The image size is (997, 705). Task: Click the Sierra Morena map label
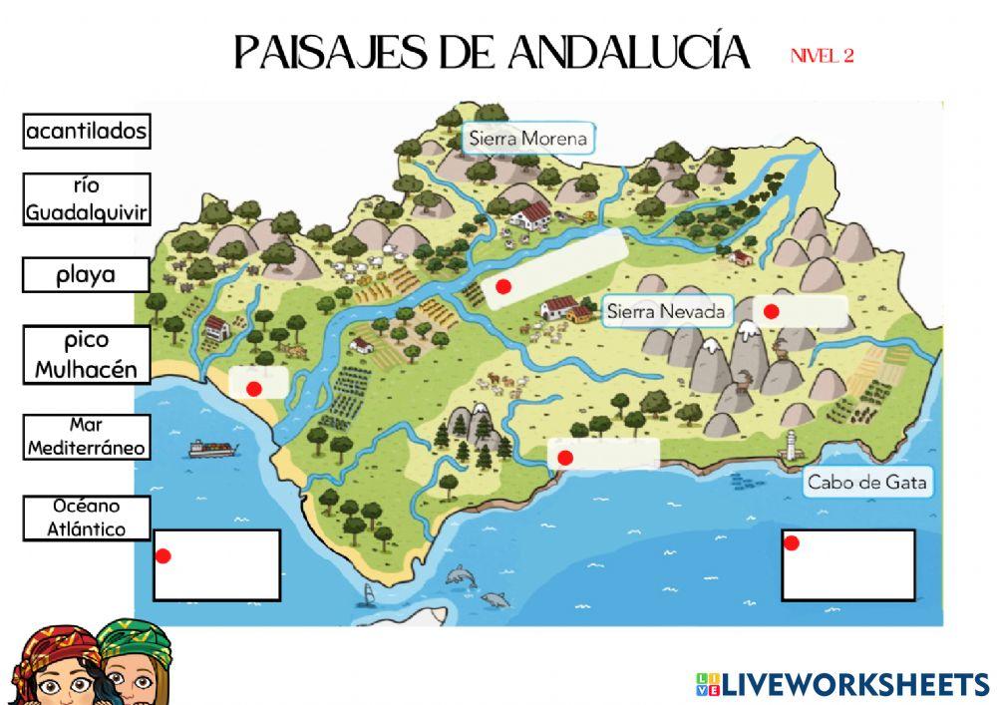pyautogui.click(x=528, y=138)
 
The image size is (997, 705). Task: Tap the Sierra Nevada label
pyautogui.click(x=666, y=311)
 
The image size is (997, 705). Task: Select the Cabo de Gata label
pyautogui.click(x=867, y=483)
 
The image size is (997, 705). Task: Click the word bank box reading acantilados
pyautogui.click(x=87, y=131)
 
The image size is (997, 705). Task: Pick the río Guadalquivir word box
pyautogui.click(x=87, y=199)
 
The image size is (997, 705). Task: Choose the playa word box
pyautogui.click(x=87, y=275)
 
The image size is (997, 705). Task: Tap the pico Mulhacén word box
pyautogui.click(x=87, y=355)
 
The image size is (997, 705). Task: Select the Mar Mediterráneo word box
pyautogui.click(x=87, y=437)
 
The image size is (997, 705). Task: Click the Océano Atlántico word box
pyautogui.click(x=87, y=519)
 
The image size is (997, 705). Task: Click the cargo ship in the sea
pyautogui.click(x=212, y=449)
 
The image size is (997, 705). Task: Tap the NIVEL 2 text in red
pyautogui.click(x=822, y=56)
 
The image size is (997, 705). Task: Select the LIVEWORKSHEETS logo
pyautogui.click(x=842, y=684)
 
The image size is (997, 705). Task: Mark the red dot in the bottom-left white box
pyautogui.click(x=164, y=555)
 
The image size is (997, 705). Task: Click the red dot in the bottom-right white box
pyautogui.click(x=792, y=543)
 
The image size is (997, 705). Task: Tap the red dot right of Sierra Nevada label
pyautogui.click(x=771, y=311)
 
